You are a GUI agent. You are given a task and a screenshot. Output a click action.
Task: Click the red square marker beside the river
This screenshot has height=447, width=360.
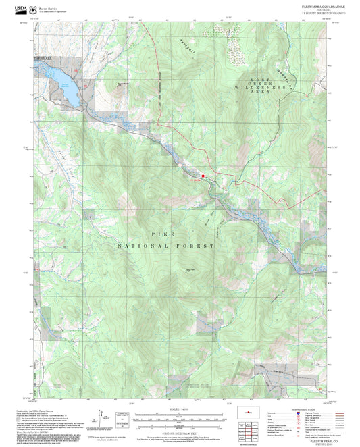click(202, 178)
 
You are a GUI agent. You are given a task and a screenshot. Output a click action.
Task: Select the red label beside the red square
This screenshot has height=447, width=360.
click(194, 180)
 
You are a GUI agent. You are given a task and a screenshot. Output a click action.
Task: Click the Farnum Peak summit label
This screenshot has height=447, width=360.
click(190, 271)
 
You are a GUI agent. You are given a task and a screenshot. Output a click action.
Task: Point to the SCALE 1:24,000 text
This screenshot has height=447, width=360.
click(179, 409)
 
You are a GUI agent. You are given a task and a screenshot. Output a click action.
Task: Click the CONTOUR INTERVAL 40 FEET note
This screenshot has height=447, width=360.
click(179, 429)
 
